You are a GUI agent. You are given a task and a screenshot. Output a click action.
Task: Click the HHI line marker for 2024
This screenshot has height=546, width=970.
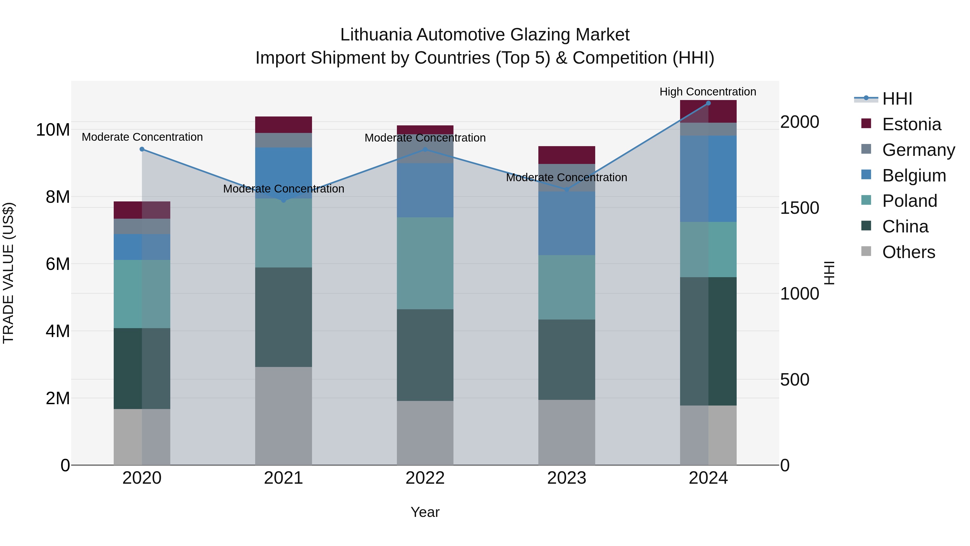tap(708, 103)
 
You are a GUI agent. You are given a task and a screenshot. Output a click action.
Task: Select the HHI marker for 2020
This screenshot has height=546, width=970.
tap(142, 149)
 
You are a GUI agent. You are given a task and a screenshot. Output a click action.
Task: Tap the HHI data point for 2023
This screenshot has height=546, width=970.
tap(567, 190)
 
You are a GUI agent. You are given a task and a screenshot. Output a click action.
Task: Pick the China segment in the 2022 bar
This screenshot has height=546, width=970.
tap(425, 355)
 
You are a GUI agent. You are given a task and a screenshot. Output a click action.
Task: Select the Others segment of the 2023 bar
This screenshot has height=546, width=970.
tap(567, 432)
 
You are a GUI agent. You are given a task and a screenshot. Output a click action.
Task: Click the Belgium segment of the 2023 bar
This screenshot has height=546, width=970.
tap(567, 223)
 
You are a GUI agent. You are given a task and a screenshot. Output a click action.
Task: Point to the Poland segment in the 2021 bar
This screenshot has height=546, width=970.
tap(283, 233)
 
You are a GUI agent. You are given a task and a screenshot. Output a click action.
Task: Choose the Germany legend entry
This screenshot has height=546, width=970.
tap(918, 150)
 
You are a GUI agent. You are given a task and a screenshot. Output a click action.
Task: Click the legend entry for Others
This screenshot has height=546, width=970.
tap(908, 252)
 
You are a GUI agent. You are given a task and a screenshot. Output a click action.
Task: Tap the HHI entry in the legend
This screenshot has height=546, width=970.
tap(897, 99)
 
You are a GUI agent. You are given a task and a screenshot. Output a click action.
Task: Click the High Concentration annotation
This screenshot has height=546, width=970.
tap(708, 92)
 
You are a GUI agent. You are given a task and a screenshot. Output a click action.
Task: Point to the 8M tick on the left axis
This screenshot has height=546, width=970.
tap(58, 197)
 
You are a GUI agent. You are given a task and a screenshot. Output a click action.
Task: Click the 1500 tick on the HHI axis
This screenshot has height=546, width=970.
tap(799, 208)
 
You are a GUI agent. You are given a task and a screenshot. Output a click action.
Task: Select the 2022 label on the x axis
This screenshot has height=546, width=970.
tap(425, 478)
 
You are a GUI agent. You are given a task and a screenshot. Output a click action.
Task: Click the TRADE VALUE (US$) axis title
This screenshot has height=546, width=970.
tap(8, 273)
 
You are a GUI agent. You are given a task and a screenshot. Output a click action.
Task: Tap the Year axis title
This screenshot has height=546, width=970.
tap(425, 512)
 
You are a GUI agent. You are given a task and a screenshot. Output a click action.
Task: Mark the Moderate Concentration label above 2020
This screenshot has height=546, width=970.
tap(142, 137)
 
